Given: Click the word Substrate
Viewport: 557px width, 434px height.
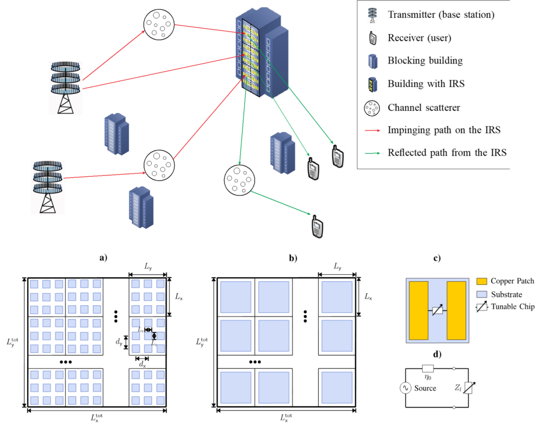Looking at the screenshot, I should click(506, 295).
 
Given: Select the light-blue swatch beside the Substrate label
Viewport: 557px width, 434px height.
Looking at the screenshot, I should click(482, 294).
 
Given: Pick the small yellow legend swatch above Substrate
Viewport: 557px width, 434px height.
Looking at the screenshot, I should click(482, 281).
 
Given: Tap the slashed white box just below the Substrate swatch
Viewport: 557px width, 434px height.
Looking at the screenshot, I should click(482, 307).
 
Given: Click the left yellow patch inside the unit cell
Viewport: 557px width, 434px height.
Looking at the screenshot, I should click(418, 310).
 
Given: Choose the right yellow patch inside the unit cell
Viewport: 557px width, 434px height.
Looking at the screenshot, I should click(456, 310).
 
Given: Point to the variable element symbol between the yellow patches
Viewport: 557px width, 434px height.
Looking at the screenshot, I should click(437, 310).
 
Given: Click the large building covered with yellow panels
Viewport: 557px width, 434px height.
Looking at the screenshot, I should click(262, 53).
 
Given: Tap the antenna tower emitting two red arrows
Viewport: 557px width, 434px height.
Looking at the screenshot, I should click(65, 89).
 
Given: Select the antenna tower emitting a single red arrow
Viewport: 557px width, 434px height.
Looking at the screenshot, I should click(48, 188).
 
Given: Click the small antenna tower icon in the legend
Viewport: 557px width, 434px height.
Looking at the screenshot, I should click(372, 16).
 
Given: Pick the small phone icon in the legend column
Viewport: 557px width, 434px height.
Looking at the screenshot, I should click(373, 38).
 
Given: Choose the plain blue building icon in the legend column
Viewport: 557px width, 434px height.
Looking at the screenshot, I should click(373, 61).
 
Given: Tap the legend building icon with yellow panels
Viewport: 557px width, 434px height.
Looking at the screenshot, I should click(373, 85).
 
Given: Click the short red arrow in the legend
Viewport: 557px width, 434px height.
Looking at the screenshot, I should click(372, 131).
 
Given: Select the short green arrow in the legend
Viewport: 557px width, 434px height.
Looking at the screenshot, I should click(372, 153).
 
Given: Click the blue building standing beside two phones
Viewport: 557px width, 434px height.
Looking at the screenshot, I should click(283, 153).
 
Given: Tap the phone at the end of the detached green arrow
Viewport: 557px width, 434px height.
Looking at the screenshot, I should click(318, 227).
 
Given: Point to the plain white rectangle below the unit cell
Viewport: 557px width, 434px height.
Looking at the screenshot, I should click(428, 369).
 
